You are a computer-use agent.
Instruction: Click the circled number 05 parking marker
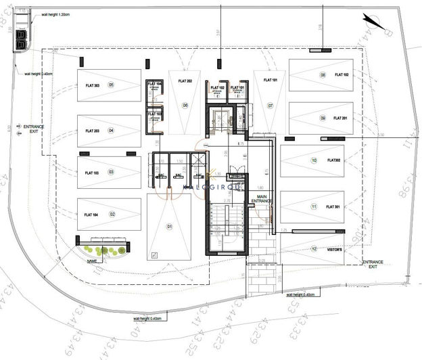[x=111, y=85]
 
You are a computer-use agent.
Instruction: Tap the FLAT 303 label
[x=93, y=85]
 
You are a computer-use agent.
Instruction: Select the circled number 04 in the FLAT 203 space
[x=111, y=131]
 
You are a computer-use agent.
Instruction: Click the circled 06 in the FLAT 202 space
[x=185, y=106]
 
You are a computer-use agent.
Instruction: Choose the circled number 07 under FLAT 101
[x=270, y=106]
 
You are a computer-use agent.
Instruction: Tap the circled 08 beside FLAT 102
[x=323, y=75]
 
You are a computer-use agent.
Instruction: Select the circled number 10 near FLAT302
[x=314, y=160]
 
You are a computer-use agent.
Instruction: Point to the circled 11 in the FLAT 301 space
[x=314, y=206]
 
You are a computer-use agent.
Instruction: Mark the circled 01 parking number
[x=170, y=225]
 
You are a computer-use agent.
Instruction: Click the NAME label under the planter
[x=92, y=260]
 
